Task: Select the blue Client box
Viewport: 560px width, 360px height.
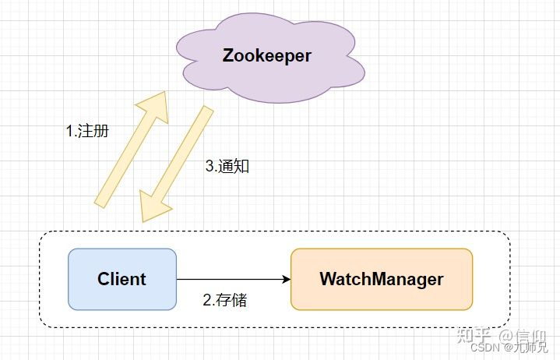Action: pos(122,279)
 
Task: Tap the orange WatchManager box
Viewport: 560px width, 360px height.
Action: pos(382,279)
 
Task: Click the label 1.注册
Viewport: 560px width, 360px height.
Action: pos(86,131)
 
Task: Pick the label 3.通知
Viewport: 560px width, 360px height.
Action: pos(227,166)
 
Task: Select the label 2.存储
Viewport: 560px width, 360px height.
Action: pos(224,300)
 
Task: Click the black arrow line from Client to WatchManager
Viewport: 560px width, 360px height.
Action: pos(230,279)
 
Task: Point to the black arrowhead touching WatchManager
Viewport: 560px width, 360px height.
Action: pos(286,279)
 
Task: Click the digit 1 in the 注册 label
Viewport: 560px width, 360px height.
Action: pos(69,131)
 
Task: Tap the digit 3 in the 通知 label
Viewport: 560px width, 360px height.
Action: pos(209,166)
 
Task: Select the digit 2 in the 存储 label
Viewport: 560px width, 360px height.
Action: pos(206,300)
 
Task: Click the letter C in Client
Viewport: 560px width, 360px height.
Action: pos(104,279)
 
